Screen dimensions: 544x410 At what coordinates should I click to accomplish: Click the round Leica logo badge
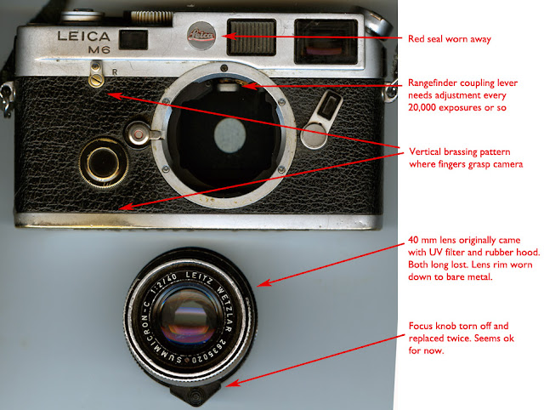tap(201, 35)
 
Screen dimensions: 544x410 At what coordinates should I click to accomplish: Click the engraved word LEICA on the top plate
tap(83, 36)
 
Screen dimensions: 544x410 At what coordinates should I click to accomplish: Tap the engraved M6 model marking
tap(99, 50)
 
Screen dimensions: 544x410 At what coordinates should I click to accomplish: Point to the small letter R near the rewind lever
tap(115, 72)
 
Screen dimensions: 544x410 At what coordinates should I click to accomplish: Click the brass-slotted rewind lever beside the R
tap(96, 74)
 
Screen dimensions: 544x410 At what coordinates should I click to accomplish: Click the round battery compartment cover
tap(104, 162)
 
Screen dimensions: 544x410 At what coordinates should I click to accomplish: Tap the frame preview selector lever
tap(321, 119)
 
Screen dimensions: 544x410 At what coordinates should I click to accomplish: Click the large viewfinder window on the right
tap(326, 42)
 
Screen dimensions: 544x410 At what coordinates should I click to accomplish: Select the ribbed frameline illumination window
tap(252, 37)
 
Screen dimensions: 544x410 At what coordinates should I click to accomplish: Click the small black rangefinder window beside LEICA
tap(133, 39)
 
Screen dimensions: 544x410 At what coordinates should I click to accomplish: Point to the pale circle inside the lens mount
tap(229, 135)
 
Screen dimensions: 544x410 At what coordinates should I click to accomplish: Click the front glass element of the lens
tap(189, 319)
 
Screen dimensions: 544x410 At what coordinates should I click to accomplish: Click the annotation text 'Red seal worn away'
tap(450, 39)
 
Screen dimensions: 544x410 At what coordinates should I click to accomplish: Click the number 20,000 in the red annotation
tap(422, 107)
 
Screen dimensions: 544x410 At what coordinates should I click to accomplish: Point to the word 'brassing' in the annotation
tap(462, 151)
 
